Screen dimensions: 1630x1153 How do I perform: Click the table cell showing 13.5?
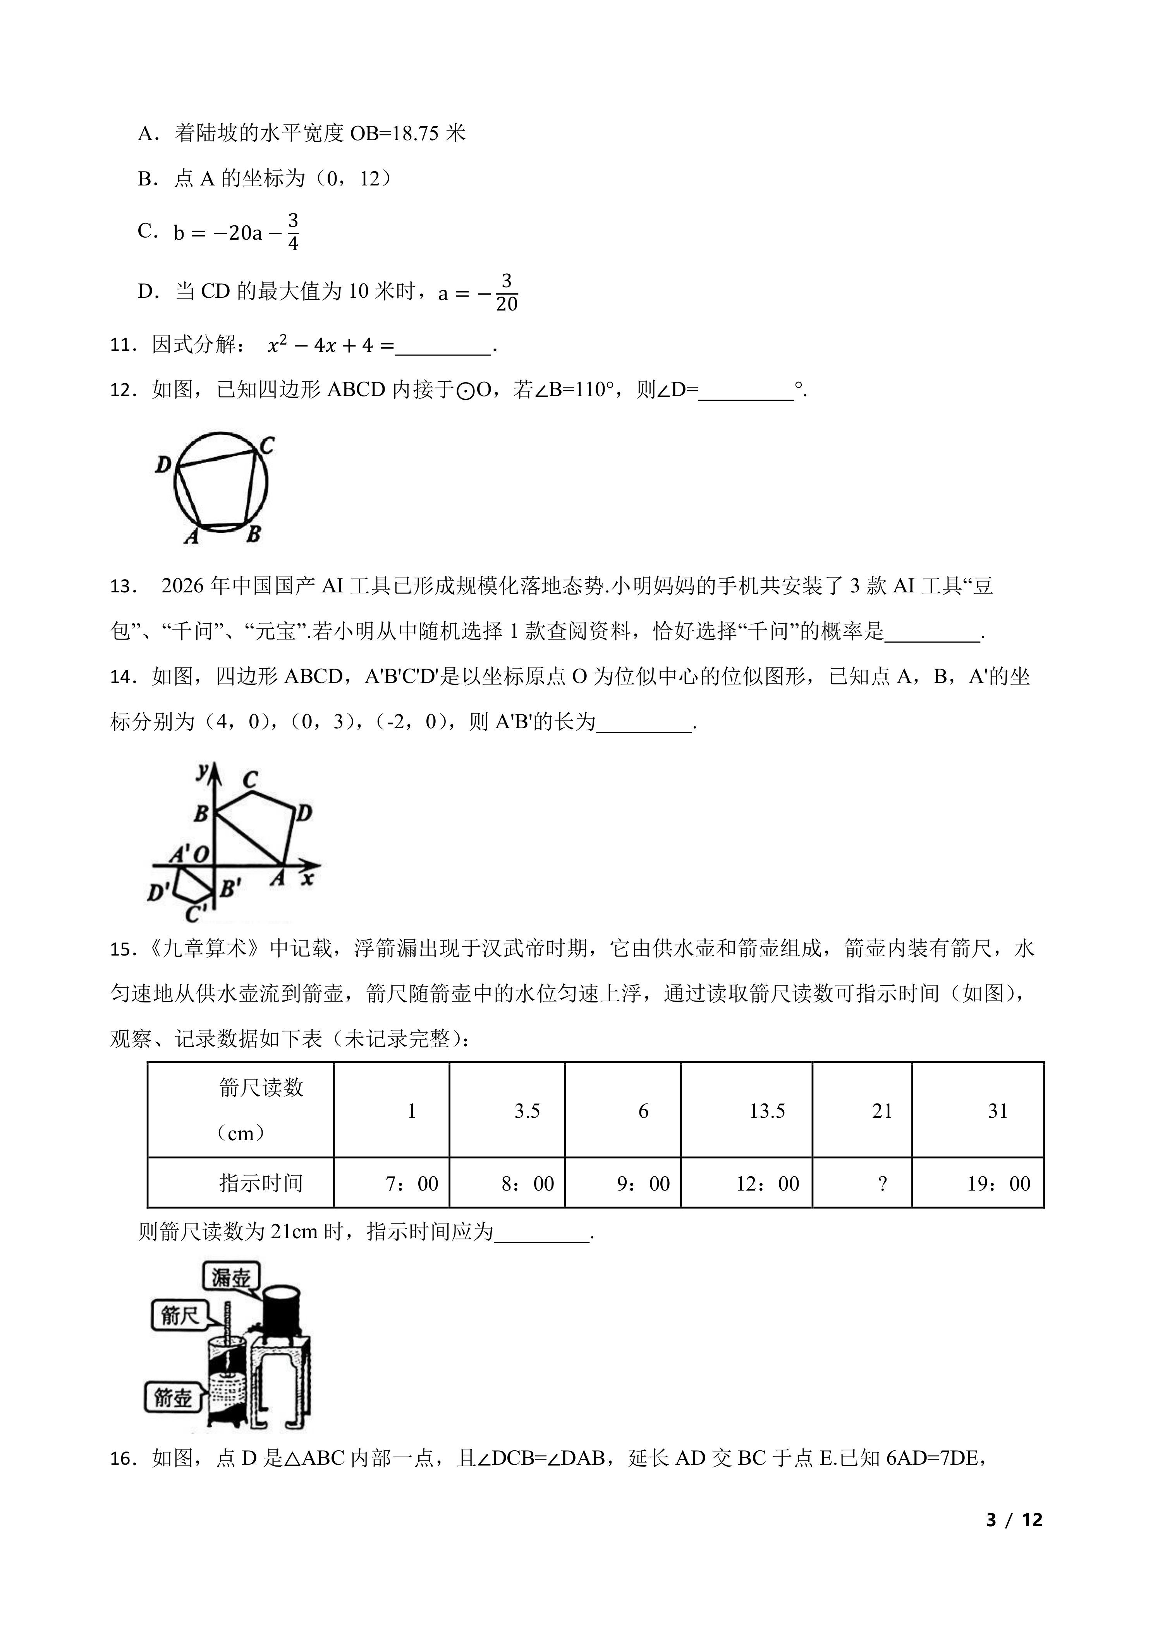767,1111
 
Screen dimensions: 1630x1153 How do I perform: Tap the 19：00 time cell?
998,1184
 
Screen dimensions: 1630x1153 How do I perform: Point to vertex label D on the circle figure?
163,465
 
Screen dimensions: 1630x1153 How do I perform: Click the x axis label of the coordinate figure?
308,879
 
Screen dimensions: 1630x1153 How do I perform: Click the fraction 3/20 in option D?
506,292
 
